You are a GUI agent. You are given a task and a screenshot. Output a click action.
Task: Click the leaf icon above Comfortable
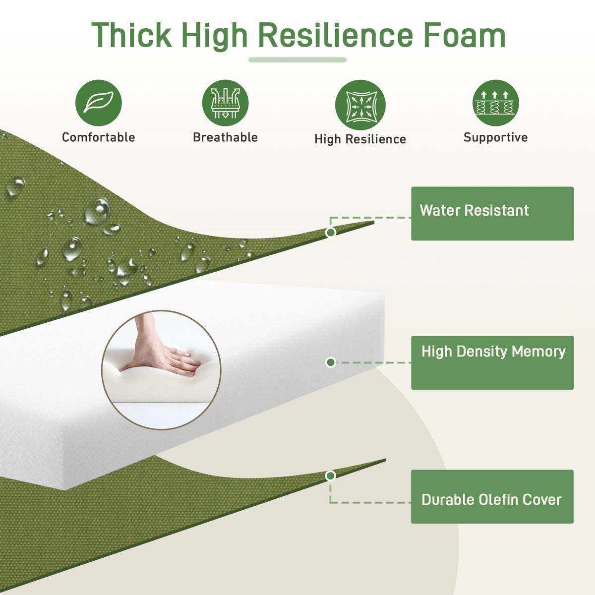tap(99, 103)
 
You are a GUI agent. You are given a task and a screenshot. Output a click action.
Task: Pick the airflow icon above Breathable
tap(226, 103)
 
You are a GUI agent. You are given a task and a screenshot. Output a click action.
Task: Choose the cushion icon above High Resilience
tap(360, 105)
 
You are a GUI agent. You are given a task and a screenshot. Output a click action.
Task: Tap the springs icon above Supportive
tap(495, 103)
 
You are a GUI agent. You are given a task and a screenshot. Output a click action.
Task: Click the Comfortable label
tap(99, 137)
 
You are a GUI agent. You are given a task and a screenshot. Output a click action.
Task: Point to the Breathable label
tap(226, 137)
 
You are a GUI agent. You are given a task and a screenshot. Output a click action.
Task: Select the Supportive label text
tap(495, 137)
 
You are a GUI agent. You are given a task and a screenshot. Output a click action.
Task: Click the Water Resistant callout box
tap(492, 213)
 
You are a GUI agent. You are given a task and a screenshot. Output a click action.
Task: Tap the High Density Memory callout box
tap(492, 362)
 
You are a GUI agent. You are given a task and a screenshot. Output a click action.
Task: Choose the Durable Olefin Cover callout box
tap(492, 496)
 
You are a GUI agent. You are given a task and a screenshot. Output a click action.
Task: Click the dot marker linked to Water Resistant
tap(331, 232)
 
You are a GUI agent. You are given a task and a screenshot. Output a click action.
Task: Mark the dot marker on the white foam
tap(331, 362)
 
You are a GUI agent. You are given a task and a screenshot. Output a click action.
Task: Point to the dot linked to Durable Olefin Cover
tap(330, 476)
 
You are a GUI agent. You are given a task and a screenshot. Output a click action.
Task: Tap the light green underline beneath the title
tap(297, 60)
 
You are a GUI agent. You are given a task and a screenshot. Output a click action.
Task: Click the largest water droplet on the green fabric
tap(98, 211)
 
